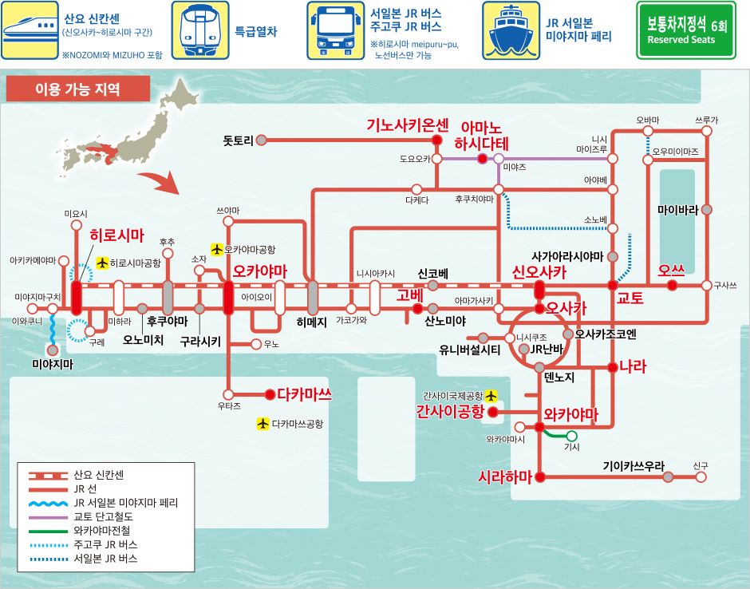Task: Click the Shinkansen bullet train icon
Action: (x=30, y=30)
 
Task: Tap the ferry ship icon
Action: (x=511, y=30)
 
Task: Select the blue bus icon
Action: (x=335, y=30)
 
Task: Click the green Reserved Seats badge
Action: (x=686, y=30)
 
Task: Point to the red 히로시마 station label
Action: (x=117, y=235)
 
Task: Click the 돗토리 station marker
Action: (x=261, y=140)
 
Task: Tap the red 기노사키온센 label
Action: (x=408, y=125)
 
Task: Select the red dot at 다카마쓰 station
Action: (x=270, y=394)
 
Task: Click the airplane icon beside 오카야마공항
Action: (x=217, y=249)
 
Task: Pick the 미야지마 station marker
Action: (x=53, y=350)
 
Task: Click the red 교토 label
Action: (x=630, y=298)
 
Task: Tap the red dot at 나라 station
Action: (x=612, y=367)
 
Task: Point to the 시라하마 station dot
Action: (x=540, y=476)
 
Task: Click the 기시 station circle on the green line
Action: (x=571, y=436)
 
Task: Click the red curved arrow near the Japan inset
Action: (x=160, y=183)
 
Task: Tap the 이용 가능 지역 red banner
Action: (x=78, y=89)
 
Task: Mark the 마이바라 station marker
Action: (x=706, y=209)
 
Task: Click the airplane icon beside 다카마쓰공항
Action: (x=262, y=424)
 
